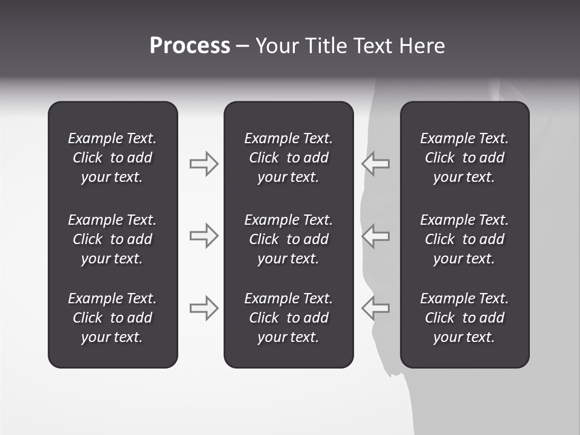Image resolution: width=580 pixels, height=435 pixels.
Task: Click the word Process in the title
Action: pyautogui.click(x=190, y=46)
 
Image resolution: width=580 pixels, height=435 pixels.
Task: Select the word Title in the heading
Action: pyautogui.click(x=329, y=46)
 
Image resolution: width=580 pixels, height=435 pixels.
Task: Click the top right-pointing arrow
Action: pyautogui.click(x=204, y=164)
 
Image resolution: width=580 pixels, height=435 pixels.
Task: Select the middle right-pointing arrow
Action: pyautogui.click(x=204, y=236)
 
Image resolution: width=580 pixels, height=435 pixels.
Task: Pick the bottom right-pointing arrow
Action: pyautogui.click(x=204, y=308)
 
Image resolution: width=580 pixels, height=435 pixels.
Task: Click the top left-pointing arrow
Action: pyautogui.click(x=375, y=164)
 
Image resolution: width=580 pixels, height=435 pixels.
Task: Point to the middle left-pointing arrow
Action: pyautogui.click(x=375, y=236)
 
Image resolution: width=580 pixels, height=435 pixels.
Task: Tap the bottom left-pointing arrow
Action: pyautogui.click(x=375, y=308)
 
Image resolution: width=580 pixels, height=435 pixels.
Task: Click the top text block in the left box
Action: pyautogui.click(x=112, y=158)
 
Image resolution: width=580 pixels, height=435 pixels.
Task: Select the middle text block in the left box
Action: pyautogui.click(x=112, y=239)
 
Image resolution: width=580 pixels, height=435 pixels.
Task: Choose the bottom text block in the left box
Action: pyautogui.click(x=112, y=318)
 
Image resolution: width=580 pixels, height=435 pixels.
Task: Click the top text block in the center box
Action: pyautogui.click(x=288, y=158)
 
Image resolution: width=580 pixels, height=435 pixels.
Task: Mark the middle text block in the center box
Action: pyautogui.click(x=288, y=239)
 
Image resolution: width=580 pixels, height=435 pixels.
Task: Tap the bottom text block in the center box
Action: pyautogui.click(x=288, y=318)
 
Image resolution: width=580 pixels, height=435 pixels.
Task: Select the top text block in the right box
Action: pyautogui.click(x=464, y=158)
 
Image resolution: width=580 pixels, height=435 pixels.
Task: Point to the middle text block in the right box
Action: pyautogui.click(x=464, y=239)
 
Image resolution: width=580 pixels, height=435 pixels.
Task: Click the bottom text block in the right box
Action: pyautogui.click(x=464, y=318)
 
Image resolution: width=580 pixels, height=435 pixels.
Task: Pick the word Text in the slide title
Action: pyautogui.click(x=373, y=46)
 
